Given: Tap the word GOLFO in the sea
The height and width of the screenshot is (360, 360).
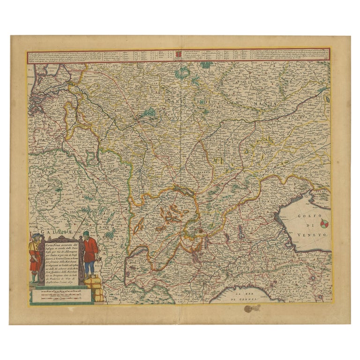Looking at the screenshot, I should [307, 216].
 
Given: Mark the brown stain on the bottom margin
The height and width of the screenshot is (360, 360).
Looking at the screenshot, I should [252, 308].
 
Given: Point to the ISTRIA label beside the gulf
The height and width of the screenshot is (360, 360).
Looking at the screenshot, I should [321, 193].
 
